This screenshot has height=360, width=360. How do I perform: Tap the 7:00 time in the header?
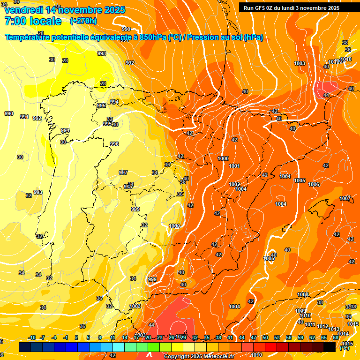point(15,21)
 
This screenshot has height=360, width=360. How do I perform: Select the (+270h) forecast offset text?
point(83,21)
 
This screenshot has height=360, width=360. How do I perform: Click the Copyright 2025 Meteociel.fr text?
point(199,357)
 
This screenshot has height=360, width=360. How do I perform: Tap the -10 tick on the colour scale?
point(32,337)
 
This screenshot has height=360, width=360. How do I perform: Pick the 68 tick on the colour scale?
point(336,337)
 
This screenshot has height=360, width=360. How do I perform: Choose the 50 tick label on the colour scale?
point(265,337)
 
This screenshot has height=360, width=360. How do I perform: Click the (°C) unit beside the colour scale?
point(345,348)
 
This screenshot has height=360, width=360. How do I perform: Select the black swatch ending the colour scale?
point(330,347)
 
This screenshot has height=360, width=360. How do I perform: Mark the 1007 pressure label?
point(345,198)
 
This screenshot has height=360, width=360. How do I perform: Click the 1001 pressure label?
point(234,166)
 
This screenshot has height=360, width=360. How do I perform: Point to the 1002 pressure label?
point(234,184)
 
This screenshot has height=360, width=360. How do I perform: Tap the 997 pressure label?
point(123,172)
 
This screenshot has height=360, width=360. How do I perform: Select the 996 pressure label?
point(114,144)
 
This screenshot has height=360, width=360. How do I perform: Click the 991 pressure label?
point(24,117)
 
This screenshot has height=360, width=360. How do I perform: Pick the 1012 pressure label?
point(322,326)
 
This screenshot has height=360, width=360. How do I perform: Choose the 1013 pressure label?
point(334,329)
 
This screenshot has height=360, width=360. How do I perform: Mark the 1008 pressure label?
point(303,294)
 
